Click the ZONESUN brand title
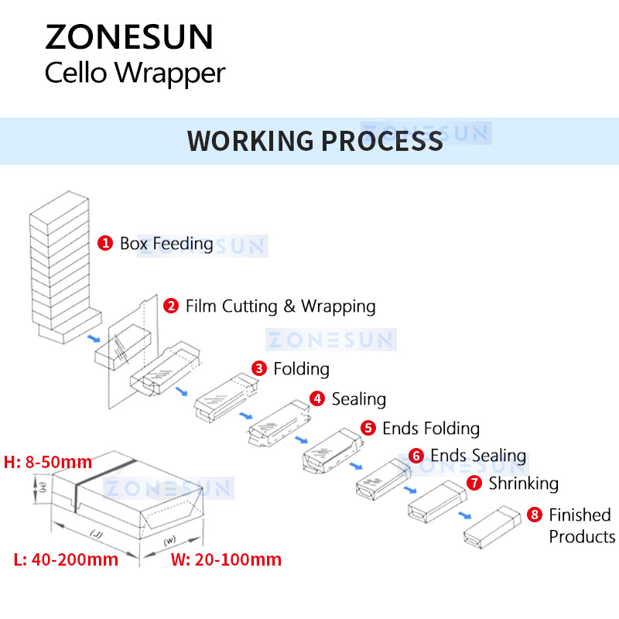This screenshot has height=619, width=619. click(128, 37)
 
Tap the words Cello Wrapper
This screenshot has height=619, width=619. click(135, 74)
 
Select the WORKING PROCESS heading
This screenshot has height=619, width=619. click(315, 141)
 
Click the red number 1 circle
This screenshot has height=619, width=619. click(105, 243)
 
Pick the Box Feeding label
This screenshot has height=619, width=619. click(166, 243)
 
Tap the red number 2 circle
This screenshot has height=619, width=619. click(171, 306)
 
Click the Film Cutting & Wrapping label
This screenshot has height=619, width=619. click(280, 306)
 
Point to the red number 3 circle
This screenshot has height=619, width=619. click(259, 368)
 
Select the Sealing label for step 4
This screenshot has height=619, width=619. click(358, 399)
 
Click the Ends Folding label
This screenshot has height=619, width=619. click(431, 429)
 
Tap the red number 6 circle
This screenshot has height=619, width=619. click(416, 456)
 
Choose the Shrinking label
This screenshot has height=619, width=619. click(523, 484)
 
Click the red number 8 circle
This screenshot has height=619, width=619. click(534, 515)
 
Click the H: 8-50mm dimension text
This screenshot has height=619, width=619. click(48, 463)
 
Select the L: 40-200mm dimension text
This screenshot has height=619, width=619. click(66, 559)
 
